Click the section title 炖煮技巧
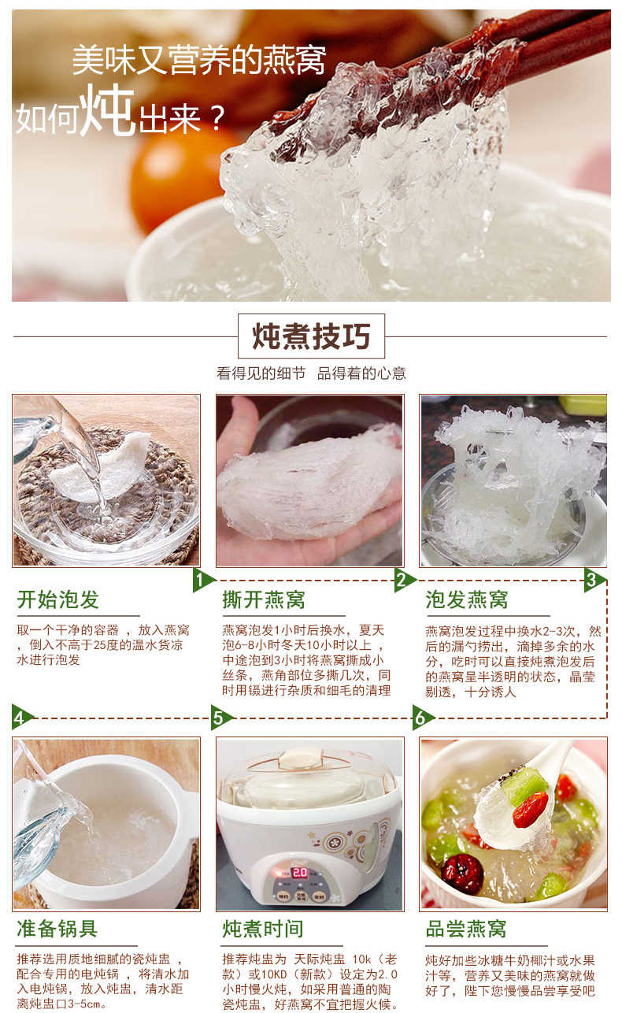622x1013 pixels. (311, 336)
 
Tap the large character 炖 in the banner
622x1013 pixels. (109, 111)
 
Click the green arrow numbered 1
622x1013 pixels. (203, 581)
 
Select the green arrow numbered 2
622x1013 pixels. (404, 581)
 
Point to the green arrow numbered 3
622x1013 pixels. (594, 581)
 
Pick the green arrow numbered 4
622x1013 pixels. (22, 717)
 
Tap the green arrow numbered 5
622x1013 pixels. (221, 717)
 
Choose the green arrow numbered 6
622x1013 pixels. (422, 717)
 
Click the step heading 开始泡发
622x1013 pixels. (58, 599)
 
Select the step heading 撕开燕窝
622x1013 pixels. (263, 599)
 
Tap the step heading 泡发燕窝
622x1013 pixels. (466, 599)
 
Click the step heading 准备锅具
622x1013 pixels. (57, 929)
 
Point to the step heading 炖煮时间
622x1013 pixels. (263, 929)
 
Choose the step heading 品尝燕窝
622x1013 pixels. (466, 929)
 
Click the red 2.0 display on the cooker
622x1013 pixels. (299, 873)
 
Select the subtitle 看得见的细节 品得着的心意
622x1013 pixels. (311, 373)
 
